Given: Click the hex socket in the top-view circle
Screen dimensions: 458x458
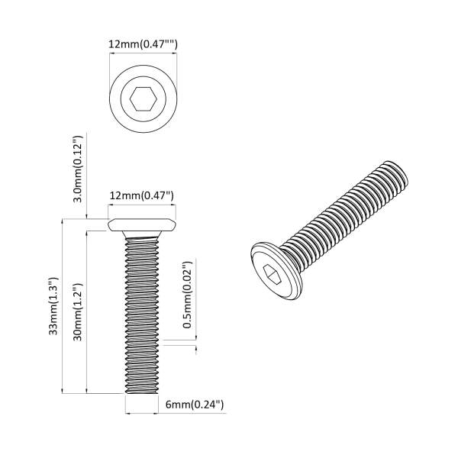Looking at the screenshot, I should pos(143,99).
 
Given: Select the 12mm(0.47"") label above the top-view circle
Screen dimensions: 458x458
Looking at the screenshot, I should pos(143,45).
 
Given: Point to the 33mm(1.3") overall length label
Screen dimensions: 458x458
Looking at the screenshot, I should pos(52,305).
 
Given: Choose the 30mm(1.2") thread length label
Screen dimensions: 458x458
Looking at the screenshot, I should pos(77,312).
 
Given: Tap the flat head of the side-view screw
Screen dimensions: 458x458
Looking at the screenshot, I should pos(143,225).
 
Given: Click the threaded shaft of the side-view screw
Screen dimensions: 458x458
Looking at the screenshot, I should pos(143,313).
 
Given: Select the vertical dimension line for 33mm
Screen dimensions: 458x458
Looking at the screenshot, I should pos(63,305).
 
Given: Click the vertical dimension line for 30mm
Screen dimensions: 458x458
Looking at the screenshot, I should pos(89,312).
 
